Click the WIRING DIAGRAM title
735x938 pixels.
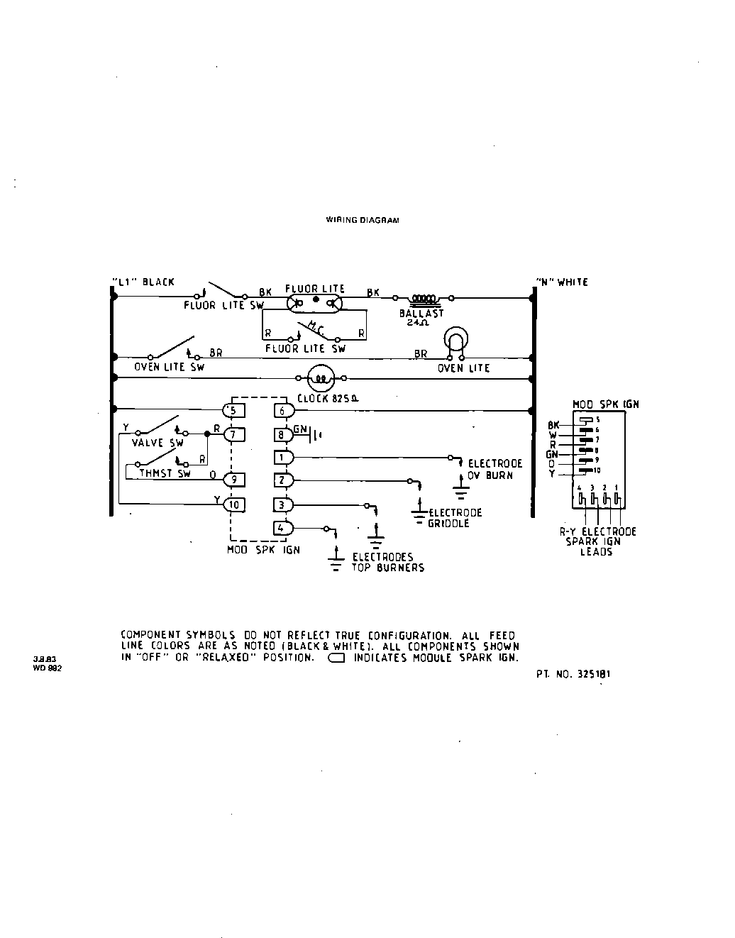362,220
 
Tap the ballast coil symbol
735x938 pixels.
424,299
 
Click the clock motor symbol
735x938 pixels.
320,379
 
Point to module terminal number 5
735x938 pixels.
233,410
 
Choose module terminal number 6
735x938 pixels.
283,410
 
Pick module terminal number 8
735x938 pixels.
282,434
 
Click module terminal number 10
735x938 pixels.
233,504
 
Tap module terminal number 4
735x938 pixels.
282,528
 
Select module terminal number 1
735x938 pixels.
282,458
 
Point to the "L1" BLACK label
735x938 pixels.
143,282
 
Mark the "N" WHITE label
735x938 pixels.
562,282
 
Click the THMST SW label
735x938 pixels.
165,473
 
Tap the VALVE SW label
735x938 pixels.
157,443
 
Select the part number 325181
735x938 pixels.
573,674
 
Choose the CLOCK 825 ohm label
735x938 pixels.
328,398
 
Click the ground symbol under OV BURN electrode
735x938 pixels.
462,491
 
